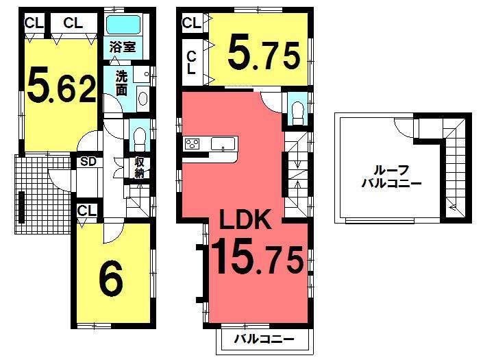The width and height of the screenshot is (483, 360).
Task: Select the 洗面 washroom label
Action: [121, 82]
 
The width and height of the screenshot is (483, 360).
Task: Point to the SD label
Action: [88, 163]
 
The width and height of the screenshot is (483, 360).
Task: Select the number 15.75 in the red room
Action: [256, 261]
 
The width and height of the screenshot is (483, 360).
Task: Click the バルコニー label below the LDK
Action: [264, 339]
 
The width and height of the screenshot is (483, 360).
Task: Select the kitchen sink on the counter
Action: [222, 144]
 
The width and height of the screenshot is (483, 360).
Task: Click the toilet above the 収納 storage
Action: [137, 137]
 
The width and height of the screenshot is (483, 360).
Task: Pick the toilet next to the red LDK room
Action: [297, 111]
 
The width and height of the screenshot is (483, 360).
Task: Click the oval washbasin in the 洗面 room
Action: [142, 98]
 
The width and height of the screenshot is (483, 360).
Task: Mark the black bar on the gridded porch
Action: [22, 206]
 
